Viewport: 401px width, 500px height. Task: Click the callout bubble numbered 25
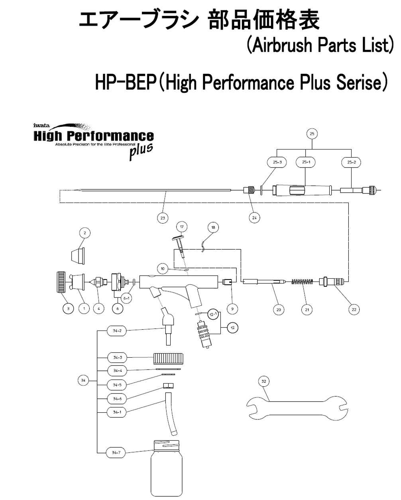pyautogui.click(x=312, y=134)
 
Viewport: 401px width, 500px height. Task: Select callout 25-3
pyautogui.click(x=277, y=162)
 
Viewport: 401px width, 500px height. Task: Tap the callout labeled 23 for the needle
pyautogui.click(x=163, y=218)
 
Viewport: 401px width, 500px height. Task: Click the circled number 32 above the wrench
pyautogui.click(x=264, y=381)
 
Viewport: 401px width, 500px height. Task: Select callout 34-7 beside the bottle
pyautogui.click(x=116, y=453)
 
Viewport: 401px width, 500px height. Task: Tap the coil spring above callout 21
pyautogui.click(x=302, y=281)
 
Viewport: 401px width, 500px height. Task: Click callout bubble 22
pyautogui.click(x=354, y=309)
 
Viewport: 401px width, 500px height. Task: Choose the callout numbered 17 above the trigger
pyautogui.click(x=182, y=227)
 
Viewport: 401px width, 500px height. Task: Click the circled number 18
pyautogui.click(x=213, y=227)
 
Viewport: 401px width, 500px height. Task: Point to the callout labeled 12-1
pyautogui.click(x=213, y=314)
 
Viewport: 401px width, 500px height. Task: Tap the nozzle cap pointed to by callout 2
pyautogui.click(x=78, y=256)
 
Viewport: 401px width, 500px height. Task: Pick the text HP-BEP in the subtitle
pyautogui.click(x=126, y=83)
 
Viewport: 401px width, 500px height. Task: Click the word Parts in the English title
pyautogui.click(x=337, y=45)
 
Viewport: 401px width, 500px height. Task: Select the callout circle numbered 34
pyautogui.click(x=83, y=380)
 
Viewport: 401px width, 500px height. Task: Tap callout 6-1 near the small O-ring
pyautogui.click(x=126, y=298)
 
